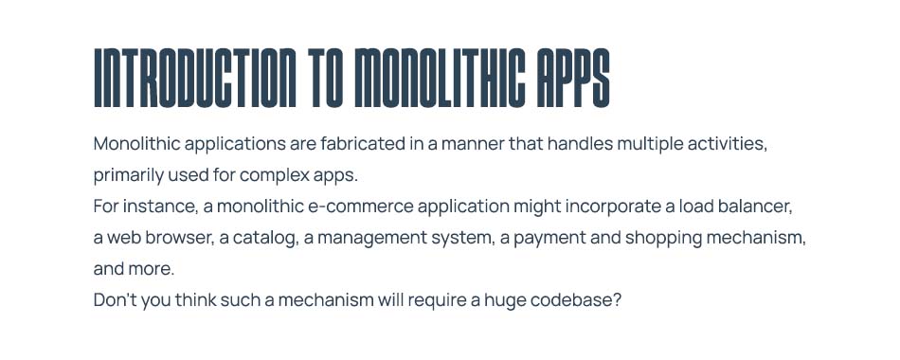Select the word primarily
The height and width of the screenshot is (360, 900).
[x=130, y=176]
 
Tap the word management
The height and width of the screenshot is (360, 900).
[x=369, y=238]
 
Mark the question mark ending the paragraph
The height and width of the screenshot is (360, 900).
[x=617, y=299]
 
